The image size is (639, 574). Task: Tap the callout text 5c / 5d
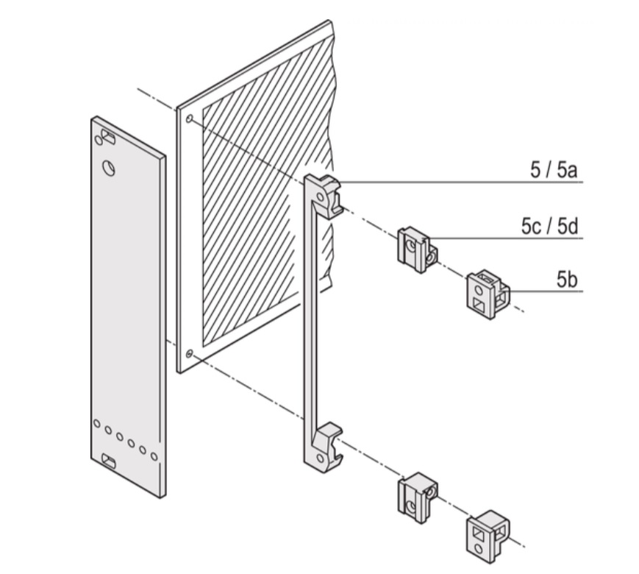[550, 225]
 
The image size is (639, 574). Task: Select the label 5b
[567, 280]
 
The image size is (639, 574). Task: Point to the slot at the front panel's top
[108, 137]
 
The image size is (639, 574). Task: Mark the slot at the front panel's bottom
[108, 461]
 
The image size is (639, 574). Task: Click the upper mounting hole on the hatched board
[190, 118]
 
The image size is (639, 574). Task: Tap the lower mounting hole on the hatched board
[190, 354]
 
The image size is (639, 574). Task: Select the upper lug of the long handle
[326, 194]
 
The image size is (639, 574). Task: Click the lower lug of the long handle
[325, 444]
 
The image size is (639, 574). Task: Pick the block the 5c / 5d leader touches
[416, 247]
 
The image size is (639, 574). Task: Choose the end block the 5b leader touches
[487, 294]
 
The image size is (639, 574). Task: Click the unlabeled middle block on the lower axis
[416, 497]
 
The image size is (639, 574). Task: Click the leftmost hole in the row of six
[97, 424]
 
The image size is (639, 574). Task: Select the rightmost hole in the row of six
[154, 456]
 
